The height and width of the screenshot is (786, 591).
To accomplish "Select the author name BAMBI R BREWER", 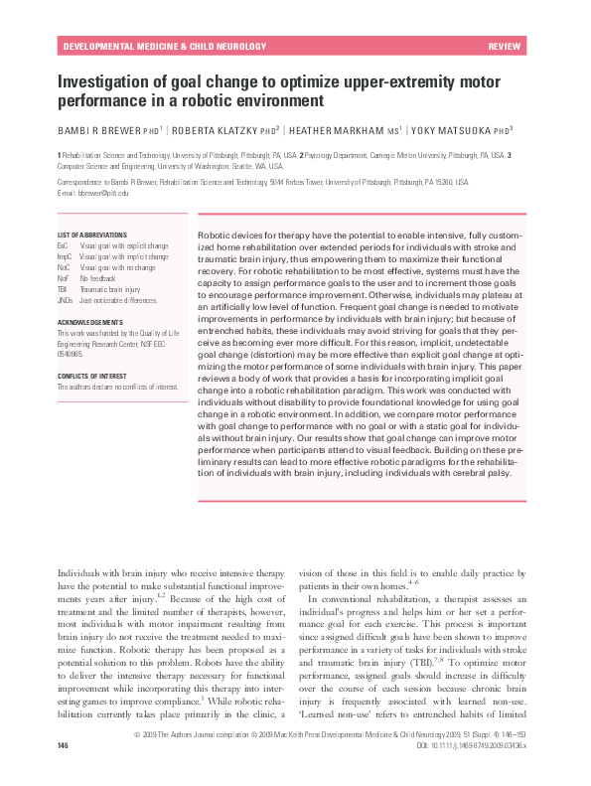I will click(96, 129).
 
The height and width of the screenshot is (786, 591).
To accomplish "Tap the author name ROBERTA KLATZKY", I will click(222, 129).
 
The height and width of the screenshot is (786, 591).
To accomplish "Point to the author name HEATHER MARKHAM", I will click(341, 129).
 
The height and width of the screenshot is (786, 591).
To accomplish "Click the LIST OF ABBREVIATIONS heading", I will click(92, 235).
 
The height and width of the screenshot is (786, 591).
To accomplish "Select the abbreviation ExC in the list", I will click(65, 244).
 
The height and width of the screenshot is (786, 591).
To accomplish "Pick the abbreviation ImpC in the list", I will click(67, 256).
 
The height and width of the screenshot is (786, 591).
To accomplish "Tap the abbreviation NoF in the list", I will click(65, 278).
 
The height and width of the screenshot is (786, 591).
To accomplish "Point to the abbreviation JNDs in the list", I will click(67, 299).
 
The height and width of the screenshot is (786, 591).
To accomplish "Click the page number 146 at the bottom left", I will click(64, 772).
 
